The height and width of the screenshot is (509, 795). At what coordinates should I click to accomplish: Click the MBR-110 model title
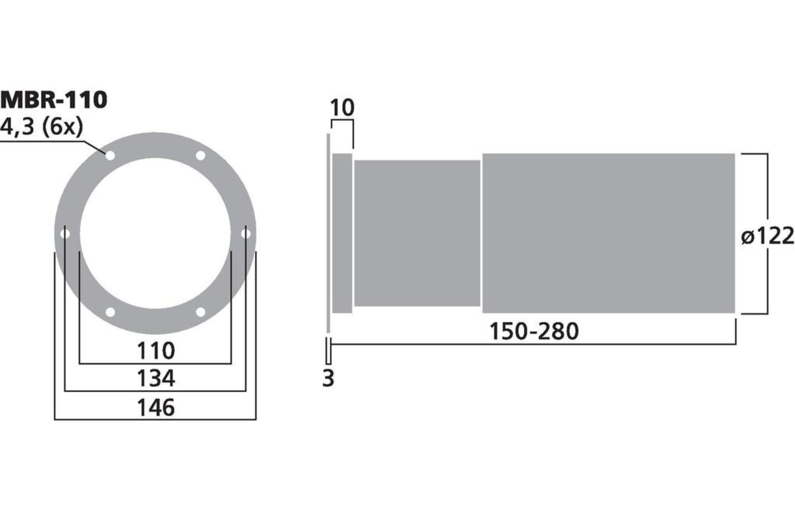tap(54, 99)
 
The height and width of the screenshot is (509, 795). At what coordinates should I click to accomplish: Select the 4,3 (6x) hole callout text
tap(41, 127)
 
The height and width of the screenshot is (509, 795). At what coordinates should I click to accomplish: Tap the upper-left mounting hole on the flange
tap(110, 155)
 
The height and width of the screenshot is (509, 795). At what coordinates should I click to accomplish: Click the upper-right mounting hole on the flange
tap(200, 155)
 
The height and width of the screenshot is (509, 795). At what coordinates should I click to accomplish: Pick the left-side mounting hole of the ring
tap(65, 234)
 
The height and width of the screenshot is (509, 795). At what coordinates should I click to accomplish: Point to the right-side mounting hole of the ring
tap(246, 234)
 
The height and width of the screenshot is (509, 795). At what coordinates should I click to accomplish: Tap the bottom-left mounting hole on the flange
tap(110, 312)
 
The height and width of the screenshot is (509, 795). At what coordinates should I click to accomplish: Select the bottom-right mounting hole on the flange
tap(200, 312)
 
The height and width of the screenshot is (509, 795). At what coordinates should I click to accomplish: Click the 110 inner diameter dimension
tap(155, 351)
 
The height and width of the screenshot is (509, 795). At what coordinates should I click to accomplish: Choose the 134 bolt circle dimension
tap(155, 378)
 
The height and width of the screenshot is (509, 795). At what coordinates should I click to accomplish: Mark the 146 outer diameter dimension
tap(155, 408)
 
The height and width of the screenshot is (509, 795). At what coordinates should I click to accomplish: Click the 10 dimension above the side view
tap(342, 108)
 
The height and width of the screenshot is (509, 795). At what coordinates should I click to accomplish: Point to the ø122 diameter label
tap(768, 236)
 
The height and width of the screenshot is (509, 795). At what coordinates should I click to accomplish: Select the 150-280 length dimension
tap(533, 332)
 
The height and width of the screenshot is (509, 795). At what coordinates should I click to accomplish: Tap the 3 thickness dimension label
tap(328, 378)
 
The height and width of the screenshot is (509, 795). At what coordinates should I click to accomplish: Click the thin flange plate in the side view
tap(328, 233)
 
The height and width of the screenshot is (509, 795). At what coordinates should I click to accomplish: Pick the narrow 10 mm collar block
tap(342, 233)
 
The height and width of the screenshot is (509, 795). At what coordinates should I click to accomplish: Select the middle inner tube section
tap(417, 233)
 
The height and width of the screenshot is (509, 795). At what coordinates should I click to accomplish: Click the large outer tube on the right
tap(608, 233)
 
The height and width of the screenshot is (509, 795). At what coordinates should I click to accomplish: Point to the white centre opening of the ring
tap(155, 233)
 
